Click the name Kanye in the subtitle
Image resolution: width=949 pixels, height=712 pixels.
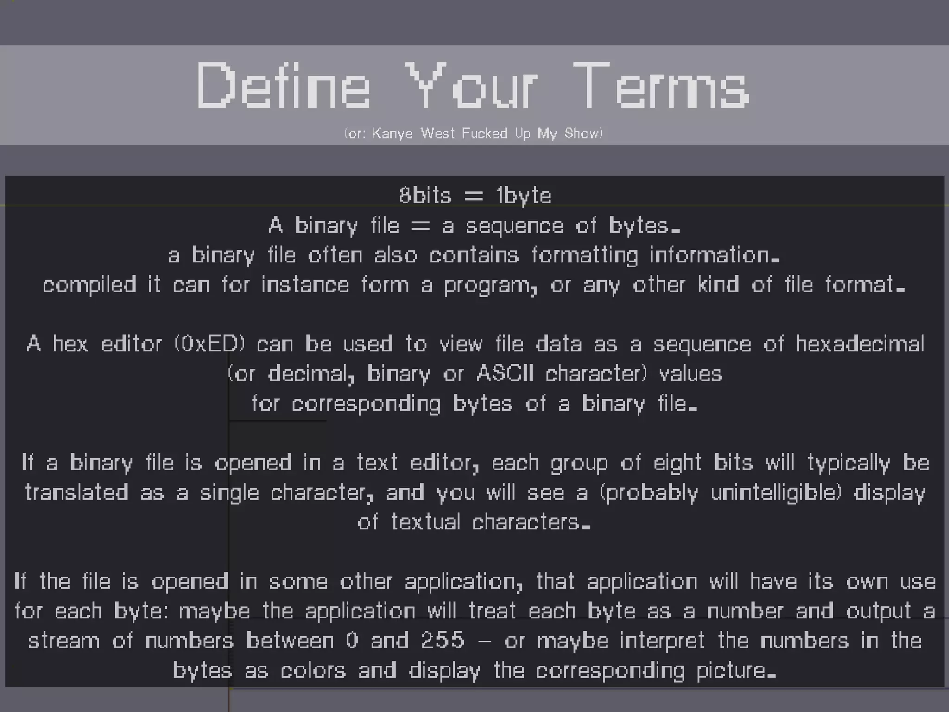click(x=392, y=133)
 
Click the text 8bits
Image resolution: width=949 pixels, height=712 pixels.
click(x=425, y=195)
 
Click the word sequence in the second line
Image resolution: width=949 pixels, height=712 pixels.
click(x=514, y=226)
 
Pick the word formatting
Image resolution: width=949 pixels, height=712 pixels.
click(x=584, y=255)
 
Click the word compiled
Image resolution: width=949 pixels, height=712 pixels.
click(x=89, y=285)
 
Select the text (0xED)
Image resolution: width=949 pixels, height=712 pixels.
click(x=209, y=344)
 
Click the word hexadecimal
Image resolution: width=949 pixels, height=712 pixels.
click(x=860, y=344)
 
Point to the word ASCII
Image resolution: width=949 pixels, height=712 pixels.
click(x=505, y=374)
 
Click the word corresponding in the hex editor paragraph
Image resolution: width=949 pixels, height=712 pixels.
click(x=366, y=404)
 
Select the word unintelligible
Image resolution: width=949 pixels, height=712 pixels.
click(x=776, y=493)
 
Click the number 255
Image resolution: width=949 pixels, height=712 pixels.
click(x=443, y=641)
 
